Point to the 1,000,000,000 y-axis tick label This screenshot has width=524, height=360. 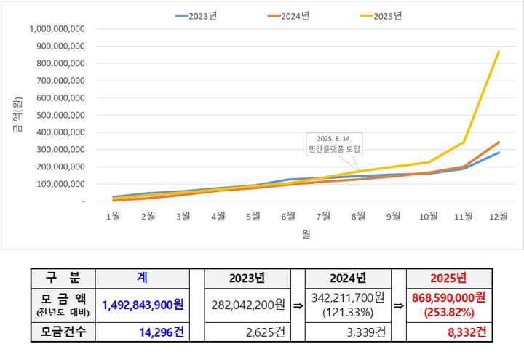tap(57, 28)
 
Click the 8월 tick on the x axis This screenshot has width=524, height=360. tap(358, 216)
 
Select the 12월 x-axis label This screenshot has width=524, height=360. tap(499, 216)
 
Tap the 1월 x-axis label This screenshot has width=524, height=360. tap(113, 216)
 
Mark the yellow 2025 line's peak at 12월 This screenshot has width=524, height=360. tap(499, 51)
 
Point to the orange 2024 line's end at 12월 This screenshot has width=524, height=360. tap(499, 142)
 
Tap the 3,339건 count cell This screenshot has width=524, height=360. tap(347, 333)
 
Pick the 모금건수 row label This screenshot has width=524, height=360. tap(63, 333)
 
